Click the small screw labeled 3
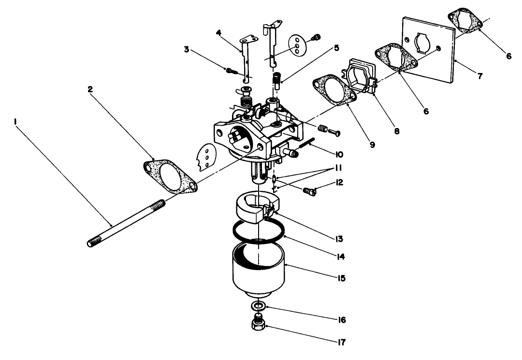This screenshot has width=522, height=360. tap(229, 70)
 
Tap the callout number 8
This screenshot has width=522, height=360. tap(397, 130)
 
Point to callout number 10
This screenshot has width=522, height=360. tap(338, 155)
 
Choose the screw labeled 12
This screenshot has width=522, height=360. tap(309, 192)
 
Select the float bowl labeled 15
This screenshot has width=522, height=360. tap(259, 273)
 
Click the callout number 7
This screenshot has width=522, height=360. tap(479, 76)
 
